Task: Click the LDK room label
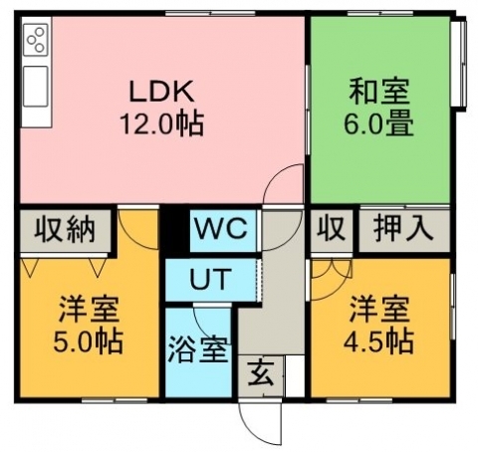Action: (161, 91)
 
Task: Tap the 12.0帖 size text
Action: (161, 123)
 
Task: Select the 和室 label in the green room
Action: (378, 91)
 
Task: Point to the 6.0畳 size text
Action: (378, 123)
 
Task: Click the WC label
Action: (221, 228)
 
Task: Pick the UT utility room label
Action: (210, 279)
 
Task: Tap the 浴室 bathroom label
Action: (198, 349)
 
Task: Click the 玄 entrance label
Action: (262, 373)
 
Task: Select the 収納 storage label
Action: (65, 230)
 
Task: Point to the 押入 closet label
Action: (403, 229)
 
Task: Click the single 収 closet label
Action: (331, 229)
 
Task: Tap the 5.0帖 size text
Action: (89, 341)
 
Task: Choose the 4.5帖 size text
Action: (378, 341)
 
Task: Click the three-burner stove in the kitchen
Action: (36, 40)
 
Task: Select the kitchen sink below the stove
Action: (36, 87)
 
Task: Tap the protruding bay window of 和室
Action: (461, 62)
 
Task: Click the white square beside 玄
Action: (295, 375)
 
